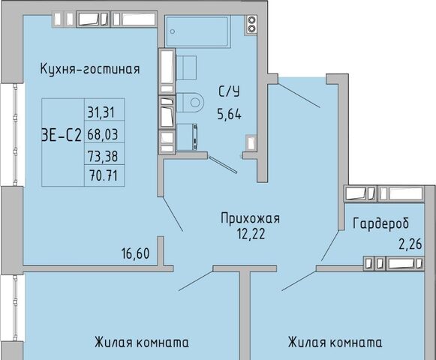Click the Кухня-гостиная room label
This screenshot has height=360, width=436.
tap(90, 69)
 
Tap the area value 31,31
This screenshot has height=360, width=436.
tap(101, 112)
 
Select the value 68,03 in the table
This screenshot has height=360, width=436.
tap(103, 134)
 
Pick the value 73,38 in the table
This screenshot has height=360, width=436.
tap(103, 156)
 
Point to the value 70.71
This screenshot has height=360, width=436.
tap(104, 175)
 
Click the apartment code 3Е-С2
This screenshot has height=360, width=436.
tap(62, 136)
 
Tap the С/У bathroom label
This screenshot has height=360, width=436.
tap(229, 91)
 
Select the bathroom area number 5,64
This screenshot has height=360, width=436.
tap(230, 114)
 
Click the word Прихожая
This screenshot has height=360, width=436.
tap(250, 218)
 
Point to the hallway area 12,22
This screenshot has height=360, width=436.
tap(251, 234)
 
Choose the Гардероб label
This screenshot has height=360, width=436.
tap(381, 223)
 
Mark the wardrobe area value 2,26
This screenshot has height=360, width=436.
tap(410, 244)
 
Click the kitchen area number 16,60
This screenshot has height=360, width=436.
tap(135, 253)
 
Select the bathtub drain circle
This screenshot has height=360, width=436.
tap(173, 31)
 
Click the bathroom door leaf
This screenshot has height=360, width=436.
tap(223, 164)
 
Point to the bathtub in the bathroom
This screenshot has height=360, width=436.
tap(197, 31)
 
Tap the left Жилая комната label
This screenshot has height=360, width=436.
tap(142, 342)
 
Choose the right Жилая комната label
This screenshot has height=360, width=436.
tap(335, 342)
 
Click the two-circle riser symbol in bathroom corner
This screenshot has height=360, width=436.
tap(251, 24)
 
